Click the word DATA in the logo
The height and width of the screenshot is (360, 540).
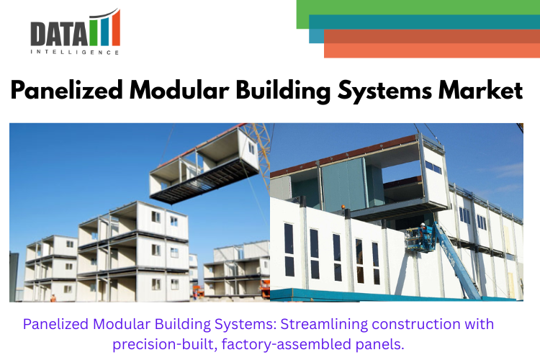(x=59, y=34)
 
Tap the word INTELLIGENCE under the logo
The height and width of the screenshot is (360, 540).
(x=75, y=53)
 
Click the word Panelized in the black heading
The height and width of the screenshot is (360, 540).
(x=66, y=90)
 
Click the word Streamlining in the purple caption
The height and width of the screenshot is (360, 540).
(x=323, y=324)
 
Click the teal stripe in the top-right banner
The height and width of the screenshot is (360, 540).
(x=424, y=22)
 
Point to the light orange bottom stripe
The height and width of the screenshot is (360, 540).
(x=432, y=50)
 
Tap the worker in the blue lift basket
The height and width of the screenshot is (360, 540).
(x=423, y=231)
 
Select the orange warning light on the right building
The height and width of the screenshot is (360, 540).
(x=343, y=207)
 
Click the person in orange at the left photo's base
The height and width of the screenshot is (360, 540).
(x=53, y=298)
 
